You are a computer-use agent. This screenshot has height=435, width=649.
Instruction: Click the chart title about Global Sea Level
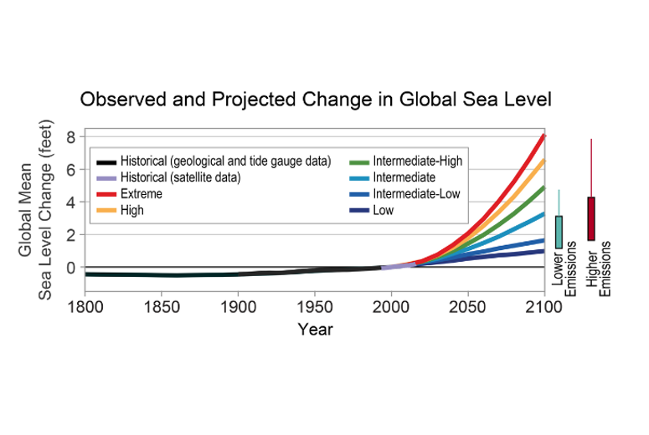click(x=316, y=100)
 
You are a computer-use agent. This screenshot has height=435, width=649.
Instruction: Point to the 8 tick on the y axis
click(x=72, y=136)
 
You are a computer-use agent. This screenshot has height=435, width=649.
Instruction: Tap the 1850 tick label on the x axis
click(x=162, y=308)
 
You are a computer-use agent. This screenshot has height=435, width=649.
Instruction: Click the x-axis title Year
click(x=315, y=330)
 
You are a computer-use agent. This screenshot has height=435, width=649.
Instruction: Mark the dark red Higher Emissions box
click(x=590, y=219)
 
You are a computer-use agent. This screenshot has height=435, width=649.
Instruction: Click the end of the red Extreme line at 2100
click(x=543, y=135)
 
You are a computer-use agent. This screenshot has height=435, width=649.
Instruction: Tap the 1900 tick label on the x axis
click(x=238, y=308)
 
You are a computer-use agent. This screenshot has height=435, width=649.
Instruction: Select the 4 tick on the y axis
click(x=72, y=202)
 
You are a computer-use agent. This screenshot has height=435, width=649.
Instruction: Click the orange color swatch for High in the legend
click(x=106, y=211)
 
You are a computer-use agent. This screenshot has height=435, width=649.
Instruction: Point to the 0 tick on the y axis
click(x=72, y=268)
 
